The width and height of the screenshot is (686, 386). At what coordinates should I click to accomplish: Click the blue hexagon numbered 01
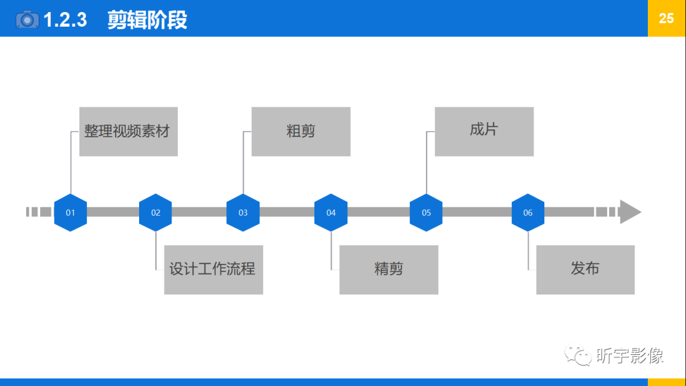pyautogui.click(x=70, y=212)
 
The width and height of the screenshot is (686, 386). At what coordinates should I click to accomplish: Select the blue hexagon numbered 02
pyautogui.click(x=156, y=212)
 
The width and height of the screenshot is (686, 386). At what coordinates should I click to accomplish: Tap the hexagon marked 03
pyautogui.click(x=243, y=212)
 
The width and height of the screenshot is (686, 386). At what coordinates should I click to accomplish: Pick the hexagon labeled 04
pyautogui.click(x=331, y=212)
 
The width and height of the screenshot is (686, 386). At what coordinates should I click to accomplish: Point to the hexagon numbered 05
pyautogui.click(x=426, y=212)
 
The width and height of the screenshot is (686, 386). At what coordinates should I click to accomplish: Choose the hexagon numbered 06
pyautogui.click(x=528, y=212)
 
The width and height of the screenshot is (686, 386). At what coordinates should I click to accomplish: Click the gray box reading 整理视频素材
pyautogui.click(x=128, y=132)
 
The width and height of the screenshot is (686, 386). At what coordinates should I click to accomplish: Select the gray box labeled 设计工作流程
pyautogui.click(x=213, y=270)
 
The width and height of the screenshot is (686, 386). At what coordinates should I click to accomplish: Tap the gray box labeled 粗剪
pyautogui.click(x=301, y=132)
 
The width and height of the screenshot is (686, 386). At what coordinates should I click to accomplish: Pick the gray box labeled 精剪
pyautogui.click(x=389, y=270)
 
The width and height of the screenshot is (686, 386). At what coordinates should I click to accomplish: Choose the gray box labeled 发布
pyautogui.click(x=585, y=270)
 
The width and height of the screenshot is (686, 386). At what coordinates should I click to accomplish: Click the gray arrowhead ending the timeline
pyautogui.click(x=629, y=212)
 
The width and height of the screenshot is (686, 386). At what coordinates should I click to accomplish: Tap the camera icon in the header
pyautogui.click(x=27, y=19)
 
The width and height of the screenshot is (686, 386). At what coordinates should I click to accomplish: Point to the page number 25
pyautogui.click(x=666, y=18)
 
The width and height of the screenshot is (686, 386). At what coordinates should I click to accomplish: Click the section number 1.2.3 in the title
pyautogui.click(x=65, y=20)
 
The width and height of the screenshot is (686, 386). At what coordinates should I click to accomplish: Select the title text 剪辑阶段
pyautogui.click(x=147, y=20)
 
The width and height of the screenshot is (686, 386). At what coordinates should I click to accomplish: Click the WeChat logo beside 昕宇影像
pyautogui.click(x=579, y=355)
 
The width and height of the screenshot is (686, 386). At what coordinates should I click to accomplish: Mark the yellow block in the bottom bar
pyautogui.click(x=666, y=382)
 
